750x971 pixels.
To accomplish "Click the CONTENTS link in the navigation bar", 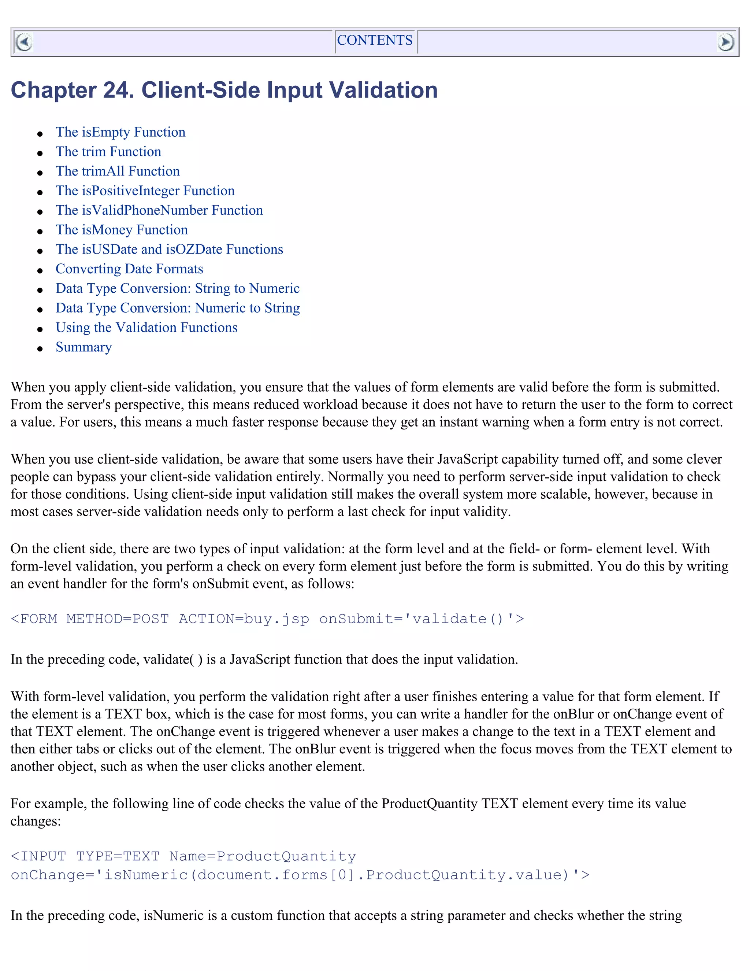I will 375,40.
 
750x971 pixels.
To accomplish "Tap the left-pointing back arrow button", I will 23,42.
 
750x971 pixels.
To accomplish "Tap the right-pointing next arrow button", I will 725,42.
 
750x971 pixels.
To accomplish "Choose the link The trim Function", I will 108,152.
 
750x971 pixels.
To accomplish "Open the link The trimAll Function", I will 118,171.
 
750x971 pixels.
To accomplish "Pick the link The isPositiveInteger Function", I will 145,191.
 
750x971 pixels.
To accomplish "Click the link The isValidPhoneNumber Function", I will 159,210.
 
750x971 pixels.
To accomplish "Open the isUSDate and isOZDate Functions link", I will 169,250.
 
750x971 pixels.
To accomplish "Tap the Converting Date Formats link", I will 129,269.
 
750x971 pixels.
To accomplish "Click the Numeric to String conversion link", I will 177,308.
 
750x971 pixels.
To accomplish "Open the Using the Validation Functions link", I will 146,328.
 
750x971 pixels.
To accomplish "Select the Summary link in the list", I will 83,347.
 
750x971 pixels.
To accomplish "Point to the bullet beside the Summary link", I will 40,349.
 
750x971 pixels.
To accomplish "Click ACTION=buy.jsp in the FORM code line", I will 244,619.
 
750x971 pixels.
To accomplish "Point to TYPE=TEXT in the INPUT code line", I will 118,856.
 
